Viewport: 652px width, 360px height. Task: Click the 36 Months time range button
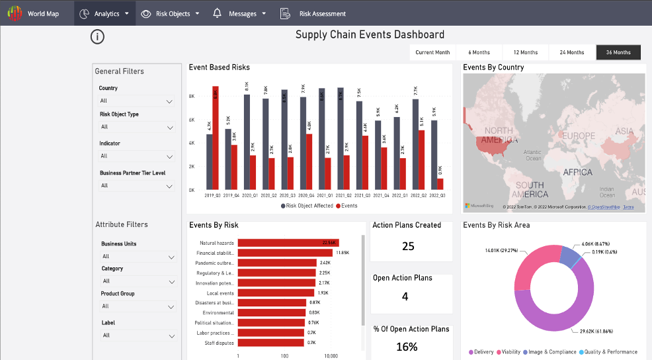(x=618, y=52)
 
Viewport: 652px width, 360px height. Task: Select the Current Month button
(x=432, y=52)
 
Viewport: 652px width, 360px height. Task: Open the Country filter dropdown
(x=136, y=101)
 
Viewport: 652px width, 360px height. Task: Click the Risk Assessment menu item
(x=322, y=13)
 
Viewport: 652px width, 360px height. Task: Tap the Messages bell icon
(x=217, y=13)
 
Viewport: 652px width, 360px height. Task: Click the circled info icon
(x=97, y=36)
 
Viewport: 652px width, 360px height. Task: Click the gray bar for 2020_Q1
(x=247, y=142)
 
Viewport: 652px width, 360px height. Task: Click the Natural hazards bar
(x=288, y=243)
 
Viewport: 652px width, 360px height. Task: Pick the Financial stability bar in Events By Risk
(x=284, y=253)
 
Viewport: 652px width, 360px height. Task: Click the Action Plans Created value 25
(x=408, y=246)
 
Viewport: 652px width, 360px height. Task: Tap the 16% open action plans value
(x=407, y=347)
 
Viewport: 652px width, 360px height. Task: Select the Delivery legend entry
(x=481, y=352)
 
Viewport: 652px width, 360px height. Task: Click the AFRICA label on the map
(x=577, y=172)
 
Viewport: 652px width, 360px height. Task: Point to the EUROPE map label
(x=579, y=136)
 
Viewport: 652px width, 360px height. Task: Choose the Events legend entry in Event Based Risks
(x=346, y=206)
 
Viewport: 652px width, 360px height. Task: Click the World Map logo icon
(x=15, y=13)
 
